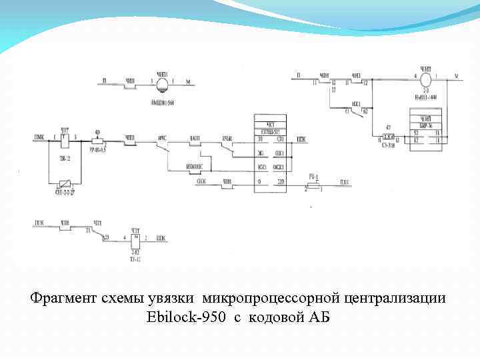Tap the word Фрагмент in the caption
62,297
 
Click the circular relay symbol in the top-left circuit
162,83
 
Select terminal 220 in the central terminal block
280,181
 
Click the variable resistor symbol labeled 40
98,141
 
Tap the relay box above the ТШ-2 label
65,140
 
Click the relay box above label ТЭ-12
135,239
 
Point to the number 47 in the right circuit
387,127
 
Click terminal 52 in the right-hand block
416,133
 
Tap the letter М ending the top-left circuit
188,83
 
